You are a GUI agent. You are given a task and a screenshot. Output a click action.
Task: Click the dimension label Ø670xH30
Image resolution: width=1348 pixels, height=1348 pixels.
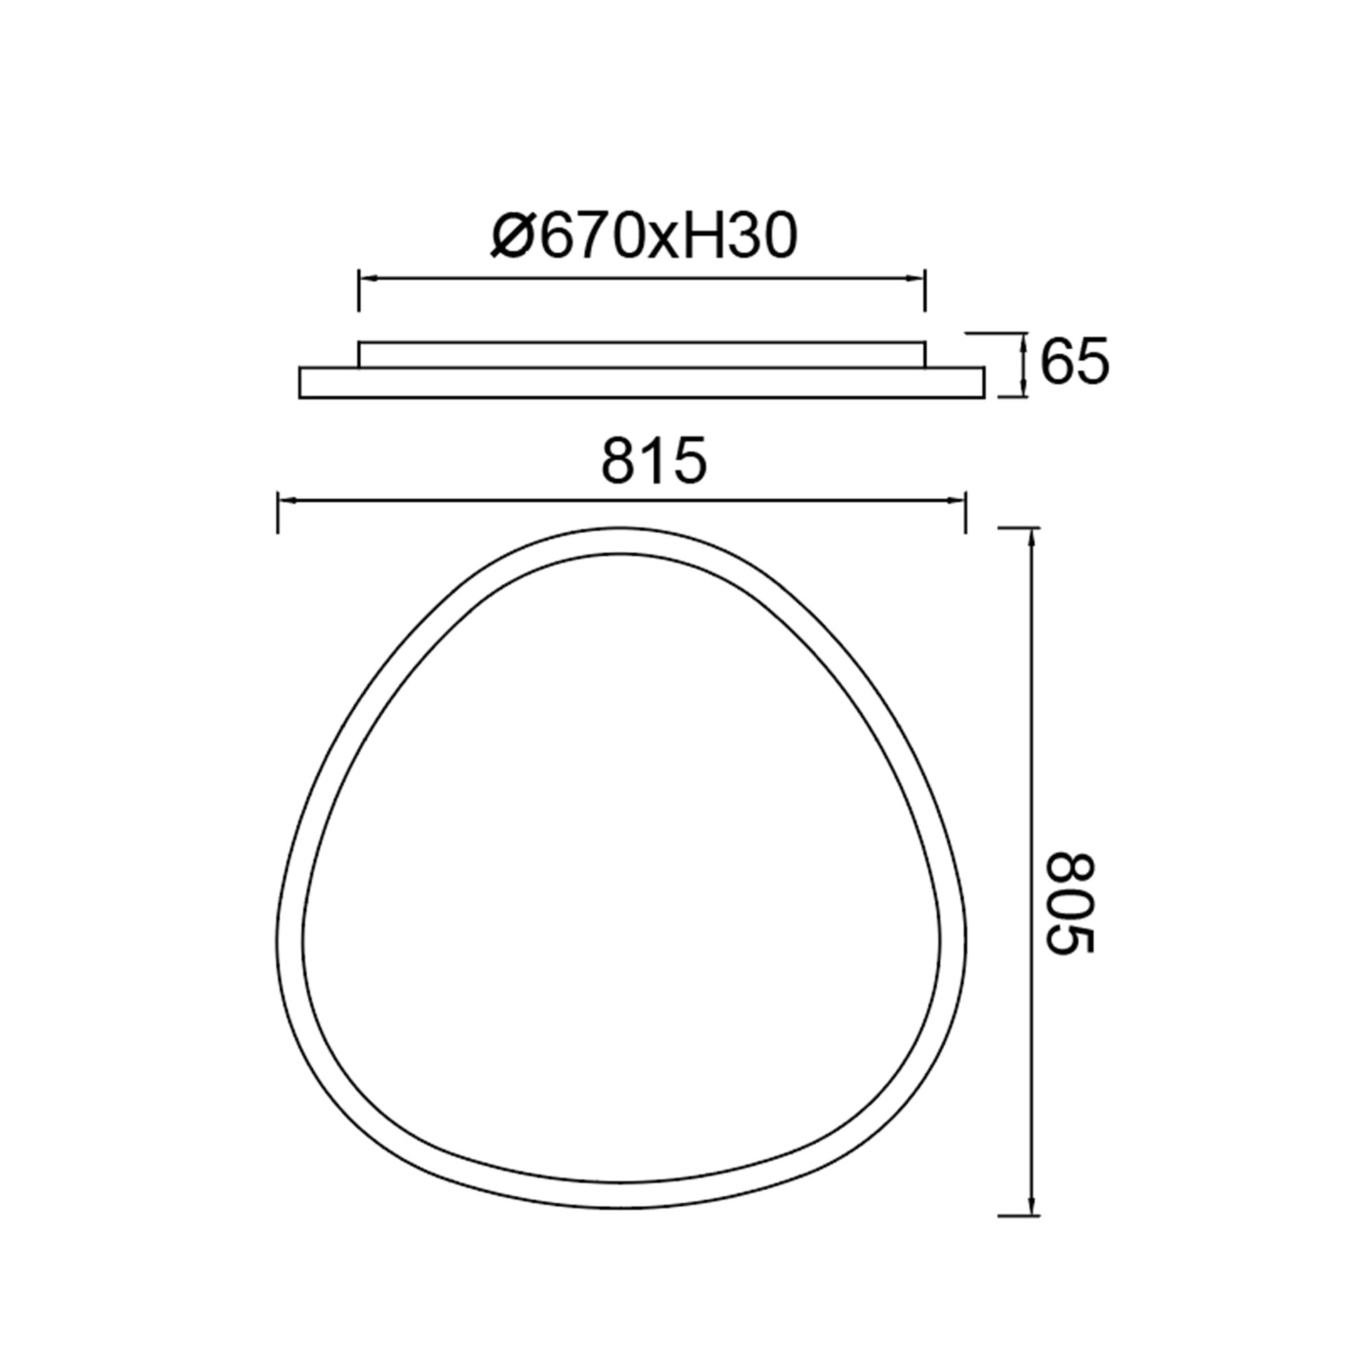pos(644,235)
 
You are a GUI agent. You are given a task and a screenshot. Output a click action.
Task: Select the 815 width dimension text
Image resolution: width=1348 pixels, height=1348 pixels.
pos(654,461)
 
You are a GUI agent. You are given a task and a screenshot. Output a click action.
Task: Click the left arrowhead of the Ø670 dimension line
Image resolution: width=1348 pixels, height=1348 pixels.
pos(369,279)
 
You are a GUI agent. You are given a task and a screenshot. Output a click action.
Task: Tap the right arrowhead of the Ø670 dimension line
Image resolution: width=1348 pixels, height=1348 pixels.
pos(915,279)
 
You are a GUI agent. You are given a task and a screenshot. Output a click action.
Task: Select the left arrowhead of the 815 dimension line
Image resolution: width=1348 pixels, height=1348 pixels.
pos(289,500)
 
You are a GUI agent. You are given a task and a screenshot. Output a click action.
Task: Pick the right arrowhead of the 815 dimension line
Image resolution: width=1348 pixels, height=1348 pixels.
pos(956,500)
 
